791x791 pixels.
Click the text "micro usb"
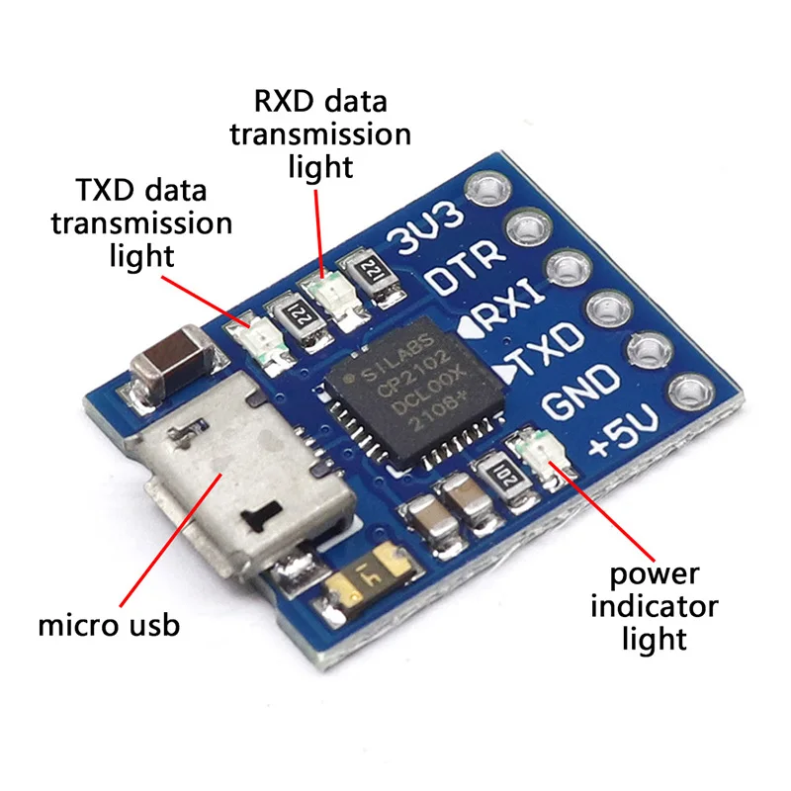109,625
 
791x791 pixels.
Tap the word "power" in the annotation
654,572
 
